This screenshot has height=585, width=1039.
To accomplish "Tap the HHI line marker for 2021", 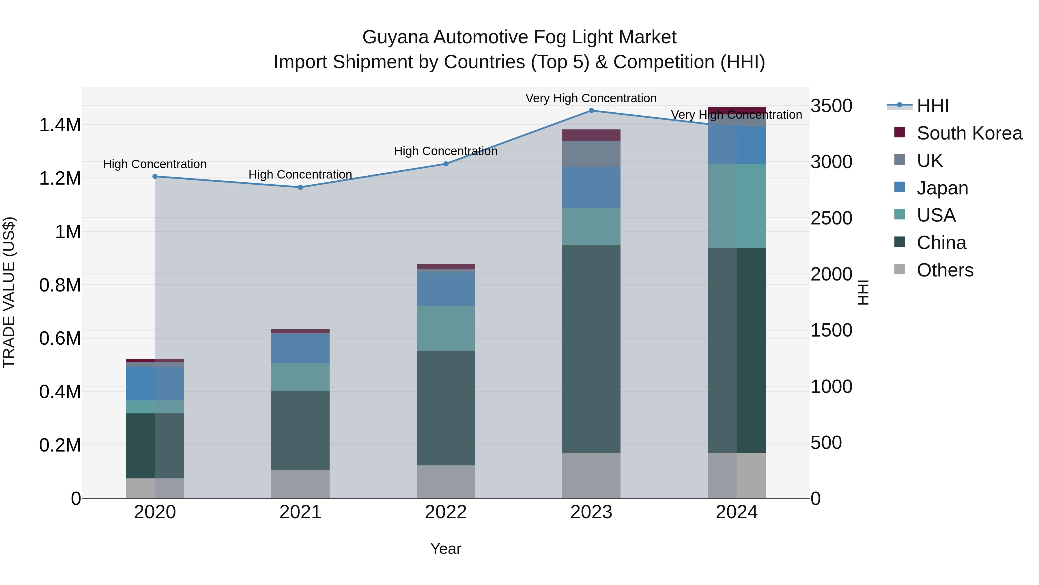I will tap(300, 187).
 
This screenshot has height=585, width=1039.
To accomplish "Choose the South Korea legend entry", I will tap(969, 133).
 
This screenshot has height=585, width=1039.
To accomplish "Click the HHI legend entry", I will tap(932, 106).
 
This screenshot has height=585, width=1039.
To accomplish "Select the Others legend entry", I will tap(945, 270).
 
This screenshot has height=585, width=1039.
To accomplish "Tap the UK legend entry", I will tap(929, 161).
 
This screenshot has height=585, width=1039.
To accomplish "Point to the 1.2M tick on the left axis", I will tap(60, 178).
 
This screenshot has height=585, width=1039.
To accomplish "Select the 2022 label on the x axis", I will tap(445, 512).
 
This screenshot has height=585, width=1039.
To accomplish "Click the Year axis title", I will tap(445, 549).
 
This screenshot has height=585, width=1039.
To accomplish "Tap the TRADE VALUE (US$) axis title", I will tap(9, 292).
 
